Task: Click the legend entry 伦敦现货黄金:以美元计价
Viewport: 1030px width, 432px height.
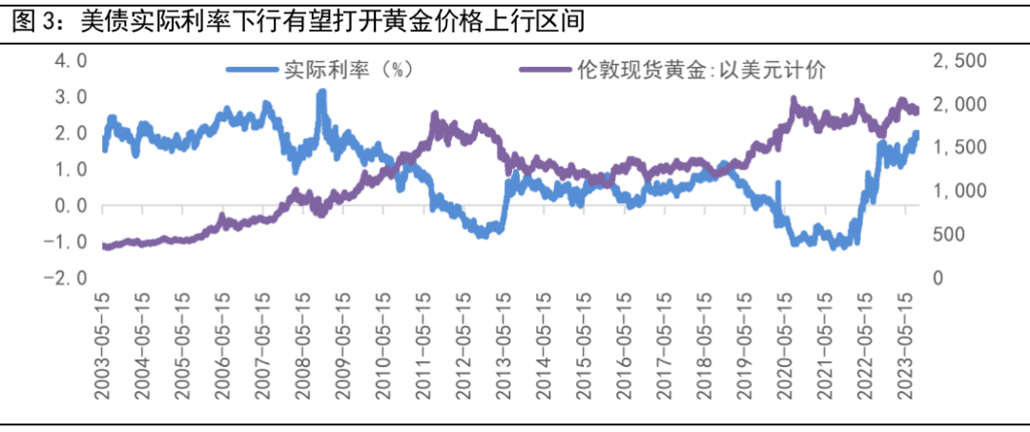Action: coord(701,70)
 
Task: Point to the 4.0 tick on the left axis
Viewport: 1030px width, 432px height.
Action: coord(69,61)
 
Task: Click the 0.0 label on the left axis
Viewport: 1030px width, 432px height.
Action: coord(69,205)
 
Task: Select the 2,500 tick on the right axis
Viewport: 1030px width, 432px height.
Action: coord(961,61)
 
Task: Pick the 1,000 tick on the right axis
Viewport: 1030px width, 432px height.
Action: coord(961,191)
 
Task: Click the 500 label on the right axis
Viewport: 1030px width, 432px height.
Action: coord(953,235)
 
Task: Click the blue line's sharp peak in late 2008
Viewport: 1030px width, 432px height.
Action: coord(321,93)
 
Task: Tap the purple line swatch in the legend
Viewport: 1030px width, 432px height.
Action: coord(546,70)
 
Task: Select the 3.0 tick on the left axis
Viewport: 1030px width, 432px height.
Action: coord(69,97)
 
